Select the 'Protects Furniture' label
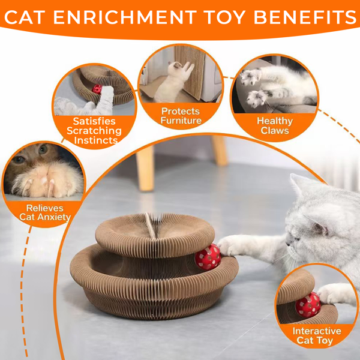(x=181, y=116)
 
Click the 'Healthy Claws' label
(x=274, y=125)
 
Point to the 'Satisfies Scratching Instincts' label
(x=94, y=131)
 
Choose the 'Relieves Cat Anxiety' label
(x=44, y=212)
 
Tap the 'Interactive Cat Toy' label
(x=316, y=336)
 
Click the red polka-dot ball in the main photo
(x=207, y=256)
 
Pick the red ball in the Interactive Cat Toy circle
(x=307, y=305)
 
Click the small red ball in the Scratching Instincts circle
(x=97, y=89)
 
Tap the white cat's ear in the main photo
(x=300, y=187)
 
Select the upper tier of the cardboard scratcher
(x=150, y=231)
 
